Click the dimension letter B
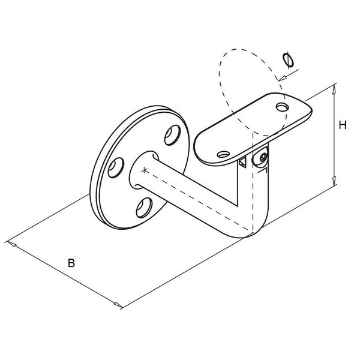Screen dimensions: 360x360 tap(71, 263)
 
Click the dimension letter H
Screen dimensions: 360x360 tap(343, 125)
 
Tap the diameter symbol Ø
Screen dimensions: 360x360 tap(288, 61)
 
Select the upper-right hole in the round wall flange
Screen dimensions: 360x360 tap(172, 135)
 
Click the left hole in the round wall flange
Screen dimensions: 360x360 tap(116, 167)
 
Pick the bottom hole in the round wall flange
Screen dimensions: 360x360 tap(144, 208)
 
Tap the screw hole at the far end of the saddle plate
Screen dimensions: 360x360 tap(283, 107)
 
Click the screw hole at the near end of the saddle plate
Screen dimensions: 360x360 tap(224, 154)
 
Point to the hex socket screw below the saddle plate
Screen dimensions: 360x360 tap(263, 157)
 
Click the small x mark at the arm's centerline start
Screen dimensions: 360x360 tap(144, 170)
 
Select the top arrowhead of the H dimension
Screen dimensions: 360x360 tap(334, 88)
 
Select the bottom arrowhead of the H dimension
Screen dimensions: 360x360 tap(334, 181)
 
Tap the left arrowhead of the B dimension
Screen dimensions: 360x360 tap(12, 244)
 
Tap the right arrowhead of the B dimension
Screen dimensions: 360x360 tap(118, 304)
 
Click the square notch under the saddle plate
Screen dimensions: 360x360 tap(242, 162)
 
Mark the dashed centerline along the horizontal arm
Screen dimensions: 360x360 tap(197, 200)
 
